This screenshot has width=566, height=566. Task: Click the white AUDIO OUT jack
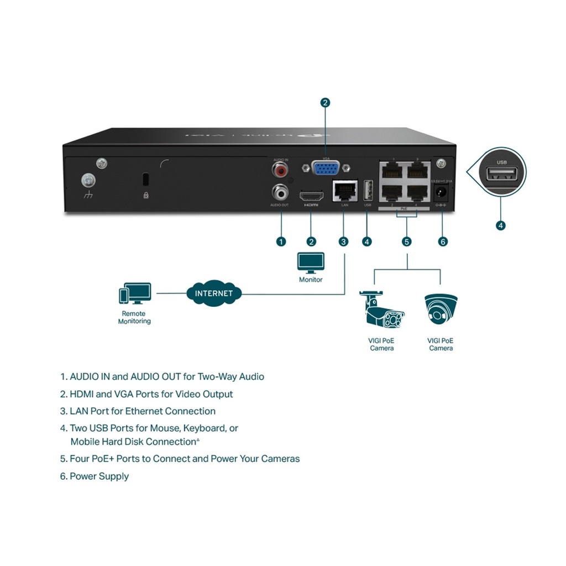pyautogui.click(x=281, y=192)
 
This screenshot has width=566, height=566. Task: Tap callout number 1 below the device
pyautogui.click(x=281, y=242)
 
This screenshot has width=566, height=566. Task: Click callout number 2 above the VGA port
pyautogui.click(x=325, y=102)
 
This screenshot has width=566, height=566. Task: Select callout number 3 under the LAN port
pyautogui.click(x=344, y=242)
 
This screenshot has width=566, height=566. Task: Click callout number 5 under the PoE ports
pyautogui.click(x=407, y=242)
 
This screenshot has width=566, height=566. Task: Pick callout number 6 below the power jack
pyautogui.click(x=442, y=242)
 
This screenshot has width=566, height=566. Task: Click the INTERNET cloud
pyautogui.click(x=214, y=294)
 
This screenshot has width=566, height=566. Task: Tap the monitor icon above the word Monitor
pyautogui.click(x=311, y=263)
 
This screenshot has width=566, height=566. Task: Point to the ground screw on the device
pyautogui.click(x=87, y=180)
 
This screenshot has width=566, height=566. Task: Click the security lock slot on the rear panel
pyautogui.click(x=145, y=180)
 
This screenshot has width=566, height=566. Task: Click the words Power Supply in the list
pyautogui.click(x=99, y=476)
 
